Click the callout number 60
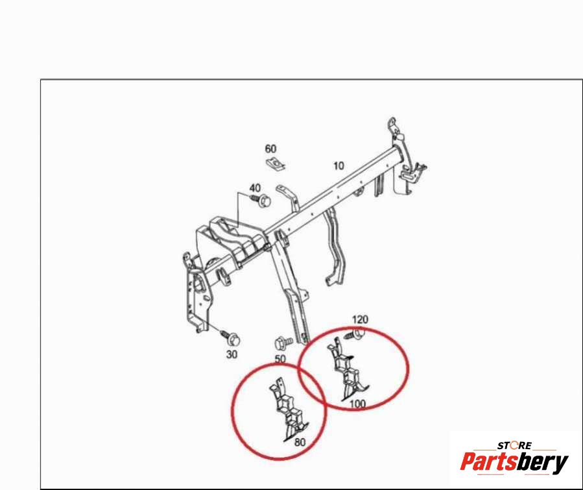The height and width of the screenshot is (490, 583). click(270, 149)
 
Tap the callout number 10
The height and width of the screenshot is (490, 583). click(339, 165)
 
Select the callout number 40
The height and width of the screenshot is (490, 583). click(255, 188)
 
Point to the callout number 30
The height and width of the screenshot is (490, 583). click(232, 354)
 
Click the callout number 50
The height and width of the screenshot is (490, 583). click(280, 359)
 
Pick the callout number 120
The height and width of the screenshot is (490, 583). click(360, 319)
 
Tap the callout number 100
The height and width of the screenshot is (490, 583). click(357, 404)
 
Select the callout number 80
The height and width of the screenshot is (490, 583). click(300, 442)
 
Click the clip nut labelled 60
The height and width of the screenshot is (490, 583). click(276, 164)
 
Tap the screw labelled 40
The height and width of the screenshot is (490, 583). click(261, 200)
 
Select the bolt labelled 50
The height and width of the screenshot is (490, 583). click(283, 342)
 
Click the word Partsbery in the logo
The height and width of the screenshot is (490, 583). click(514, 462)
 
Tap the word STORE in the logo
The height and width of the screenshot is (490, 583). click(515, 445)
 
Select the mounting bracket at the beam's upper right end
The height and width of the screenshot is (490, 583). click(405, 156)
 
